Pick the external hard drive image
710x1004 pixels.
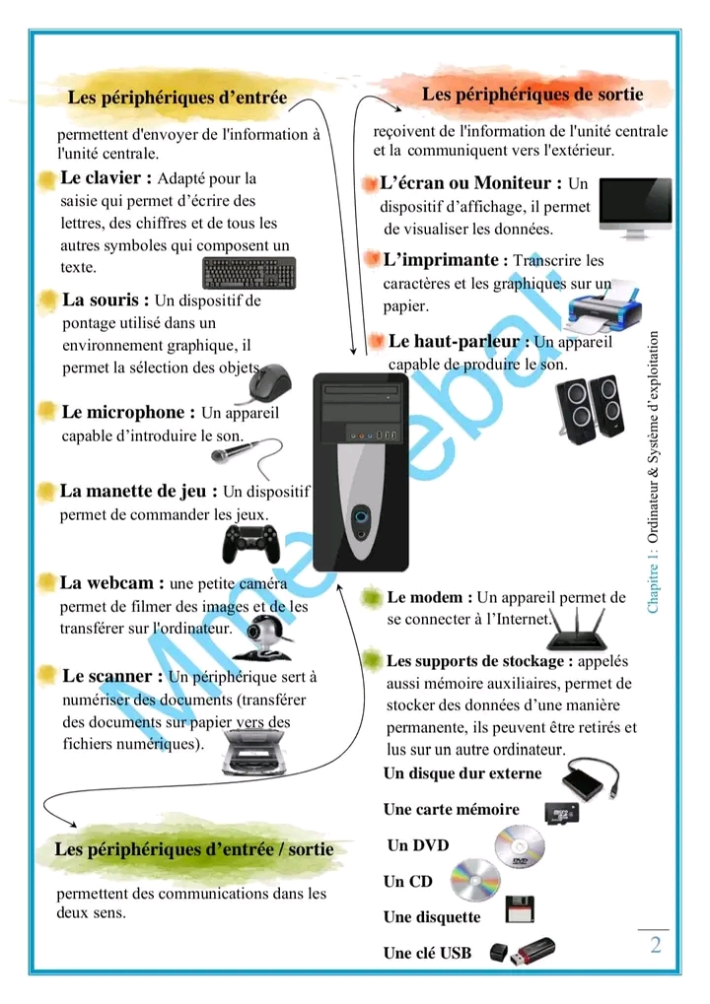click(x=589, y=780)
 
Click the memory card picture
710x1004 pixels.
click(x=566, y=813)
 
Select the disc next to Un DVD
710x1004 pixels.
click(x=519, y=846)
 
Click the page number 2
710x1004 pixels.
click(x=655, y=946)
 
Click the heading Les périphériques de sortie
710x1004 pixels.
click(x=532, y=95)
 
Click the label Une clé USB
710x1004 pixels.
click(x=427, y=953)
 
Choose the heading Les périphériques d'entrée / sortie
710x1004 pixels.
click(x=194, y=849)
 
